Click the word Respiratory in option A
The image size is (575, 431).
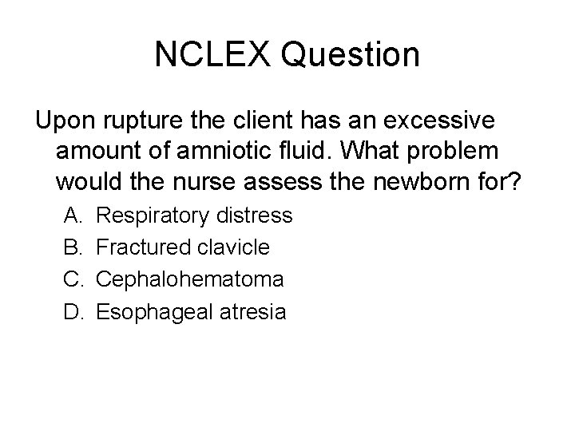pos(151,215)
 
